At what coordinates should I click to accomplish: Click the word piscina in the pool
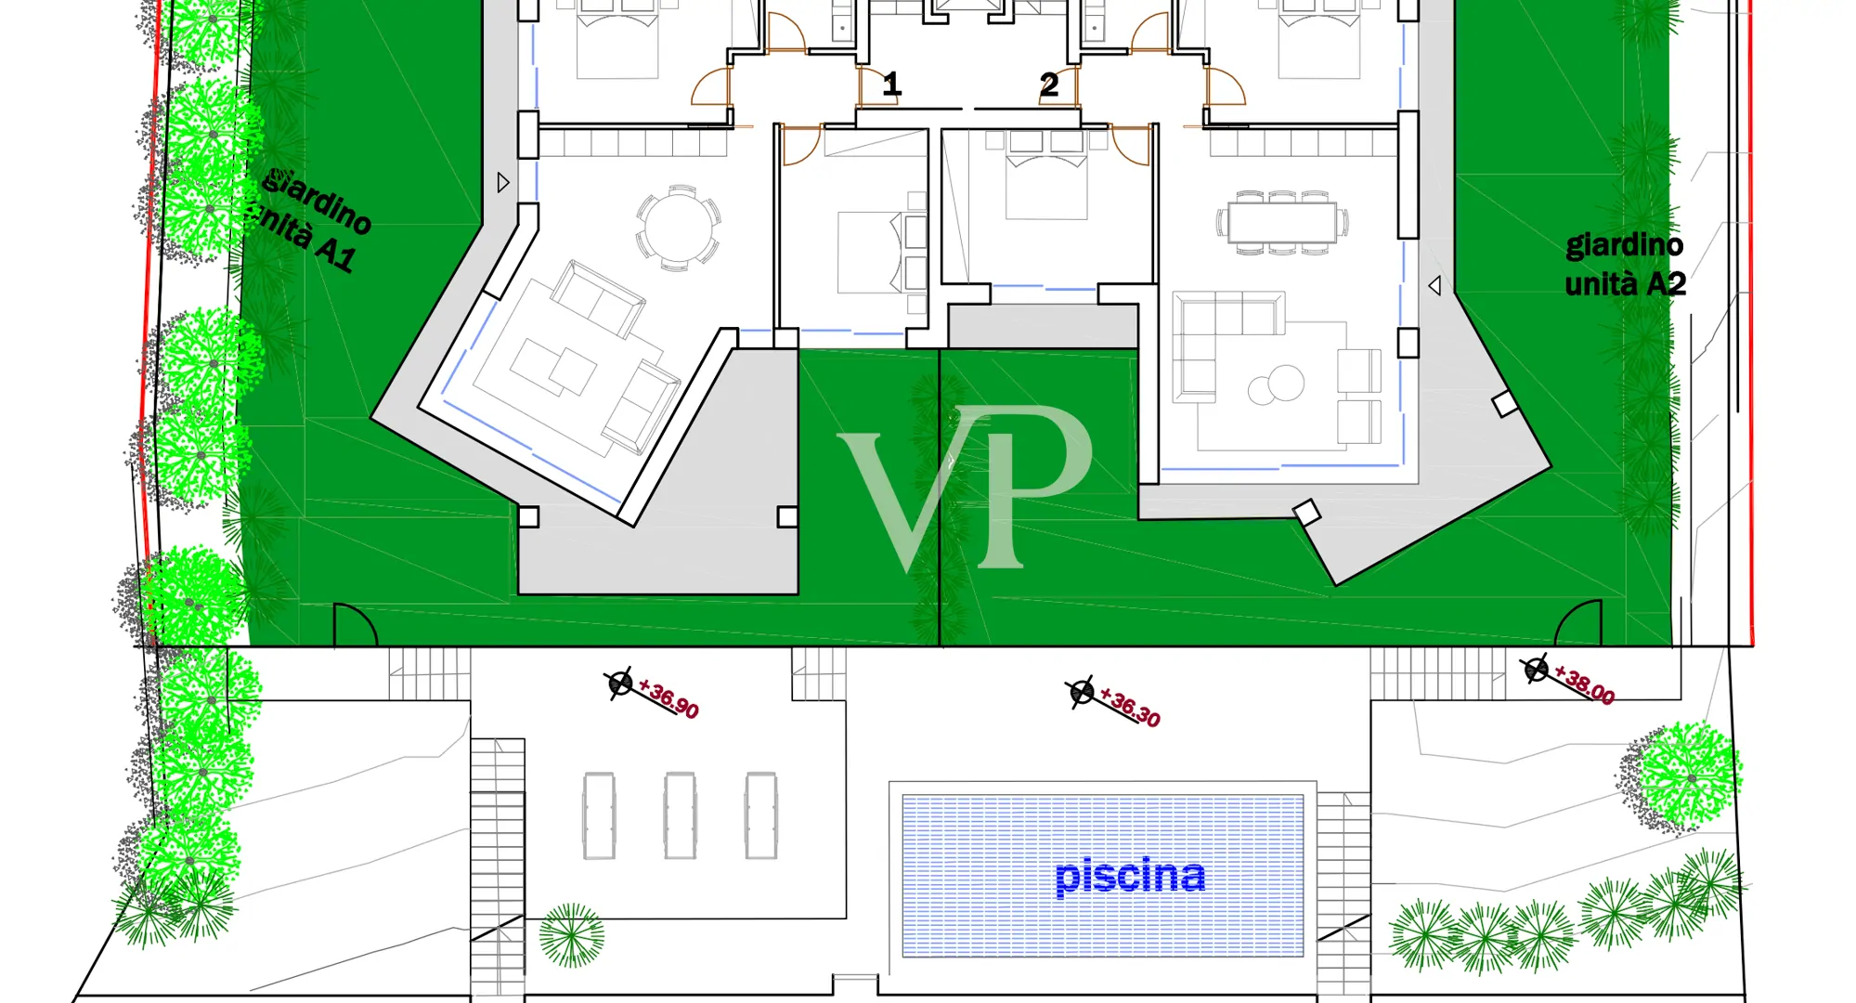click(1130, 875)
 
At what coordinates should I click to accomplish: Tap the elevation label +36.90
click(669, 699)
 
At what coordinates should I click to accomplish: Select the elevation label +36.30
click(1130, 707)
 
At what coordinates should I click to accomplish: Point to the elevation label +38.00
click(1585, 684)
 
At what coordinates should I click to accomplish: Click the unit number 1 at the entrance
click(891, 85)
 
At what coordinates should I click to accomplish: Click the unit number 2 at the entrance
click(1049, 85)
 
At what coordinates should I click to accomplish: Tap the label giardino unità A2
click(1625, 265)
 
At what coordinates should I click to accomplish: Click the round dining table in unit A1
click(679, 228)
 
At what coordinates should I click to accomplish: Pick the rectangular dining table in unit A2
click(1282, 223)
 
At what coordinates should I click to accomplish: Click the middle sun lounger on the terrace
click(680, 815)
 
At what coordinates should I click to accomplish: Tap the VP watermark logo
click(966, 488)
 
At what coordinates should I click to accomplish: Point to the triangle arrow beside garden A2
click(1434, 286)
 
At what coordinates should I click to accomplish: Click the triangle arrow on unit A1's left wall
click(503, 183)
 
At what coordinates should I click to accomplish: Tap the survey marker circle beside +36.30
click(1081, 693)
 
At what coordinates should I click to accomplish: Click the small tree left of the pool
click(572, 935)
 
